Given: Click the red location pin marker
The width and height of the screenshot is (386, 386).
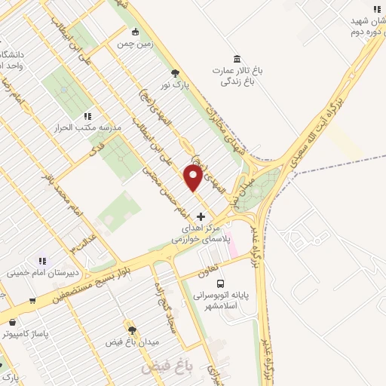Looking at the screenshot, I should pos(193,179).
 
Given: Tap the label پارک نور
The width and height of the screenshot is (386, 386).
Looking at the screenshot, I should pos(176,84).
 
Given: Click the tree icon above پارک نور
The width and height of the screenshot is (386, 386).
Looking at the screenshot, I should pos(176,73).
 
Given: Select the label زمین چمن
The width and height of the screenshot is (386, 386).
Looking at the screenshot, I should pos(134,44).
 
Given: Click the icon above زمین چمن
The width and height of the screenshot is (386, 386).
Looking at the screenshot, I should pos(135,32).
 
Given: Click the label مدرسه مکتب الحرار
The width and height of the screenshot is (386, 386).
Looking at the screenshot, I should pos(87,127).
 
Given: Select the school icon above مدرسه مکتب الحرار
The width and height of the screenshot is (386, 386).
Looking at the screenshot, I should pos(87,116).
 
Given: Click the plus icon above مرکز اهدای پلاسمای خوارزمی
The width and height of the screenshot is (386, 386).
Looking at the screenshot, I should pos(200,216).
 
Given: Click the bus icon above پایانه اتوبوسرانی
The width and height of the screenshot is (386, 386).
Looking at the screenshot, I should pos(220,284).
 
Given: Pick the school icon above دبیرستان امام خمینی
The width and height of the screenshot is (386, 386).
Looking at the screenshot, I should pos(41,261).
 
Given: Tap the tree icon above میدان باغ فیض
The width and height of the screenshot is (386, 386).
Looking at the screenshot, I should pos(132,330).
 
